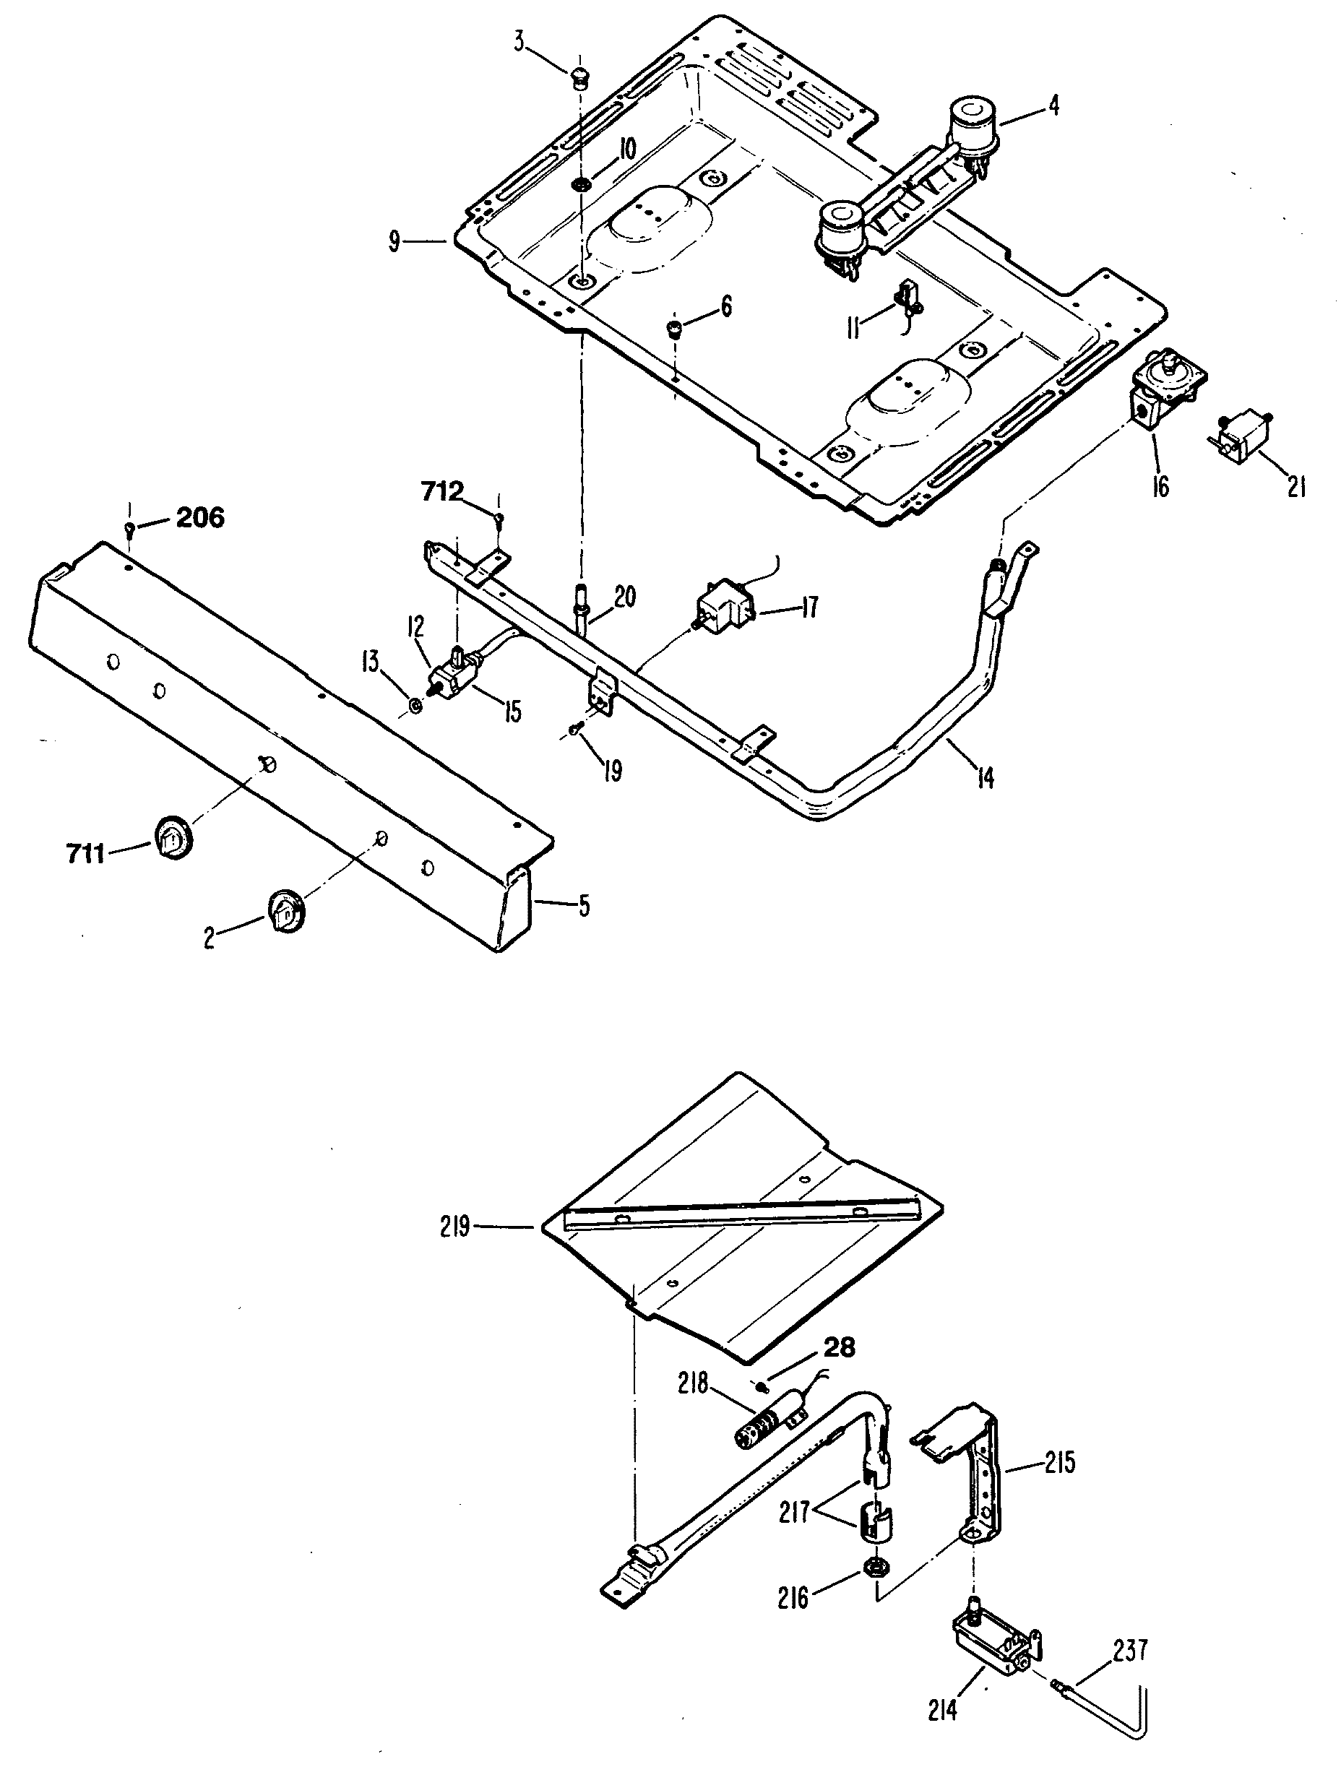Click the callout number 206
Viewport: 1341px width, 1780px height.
[199, 517]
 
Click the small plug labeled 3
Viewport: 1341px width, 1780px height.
[578, 79]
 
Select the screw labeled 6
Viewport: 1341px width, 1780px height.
[675, 327]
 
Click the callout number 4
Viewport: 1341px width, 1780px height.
[1053, 105]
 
